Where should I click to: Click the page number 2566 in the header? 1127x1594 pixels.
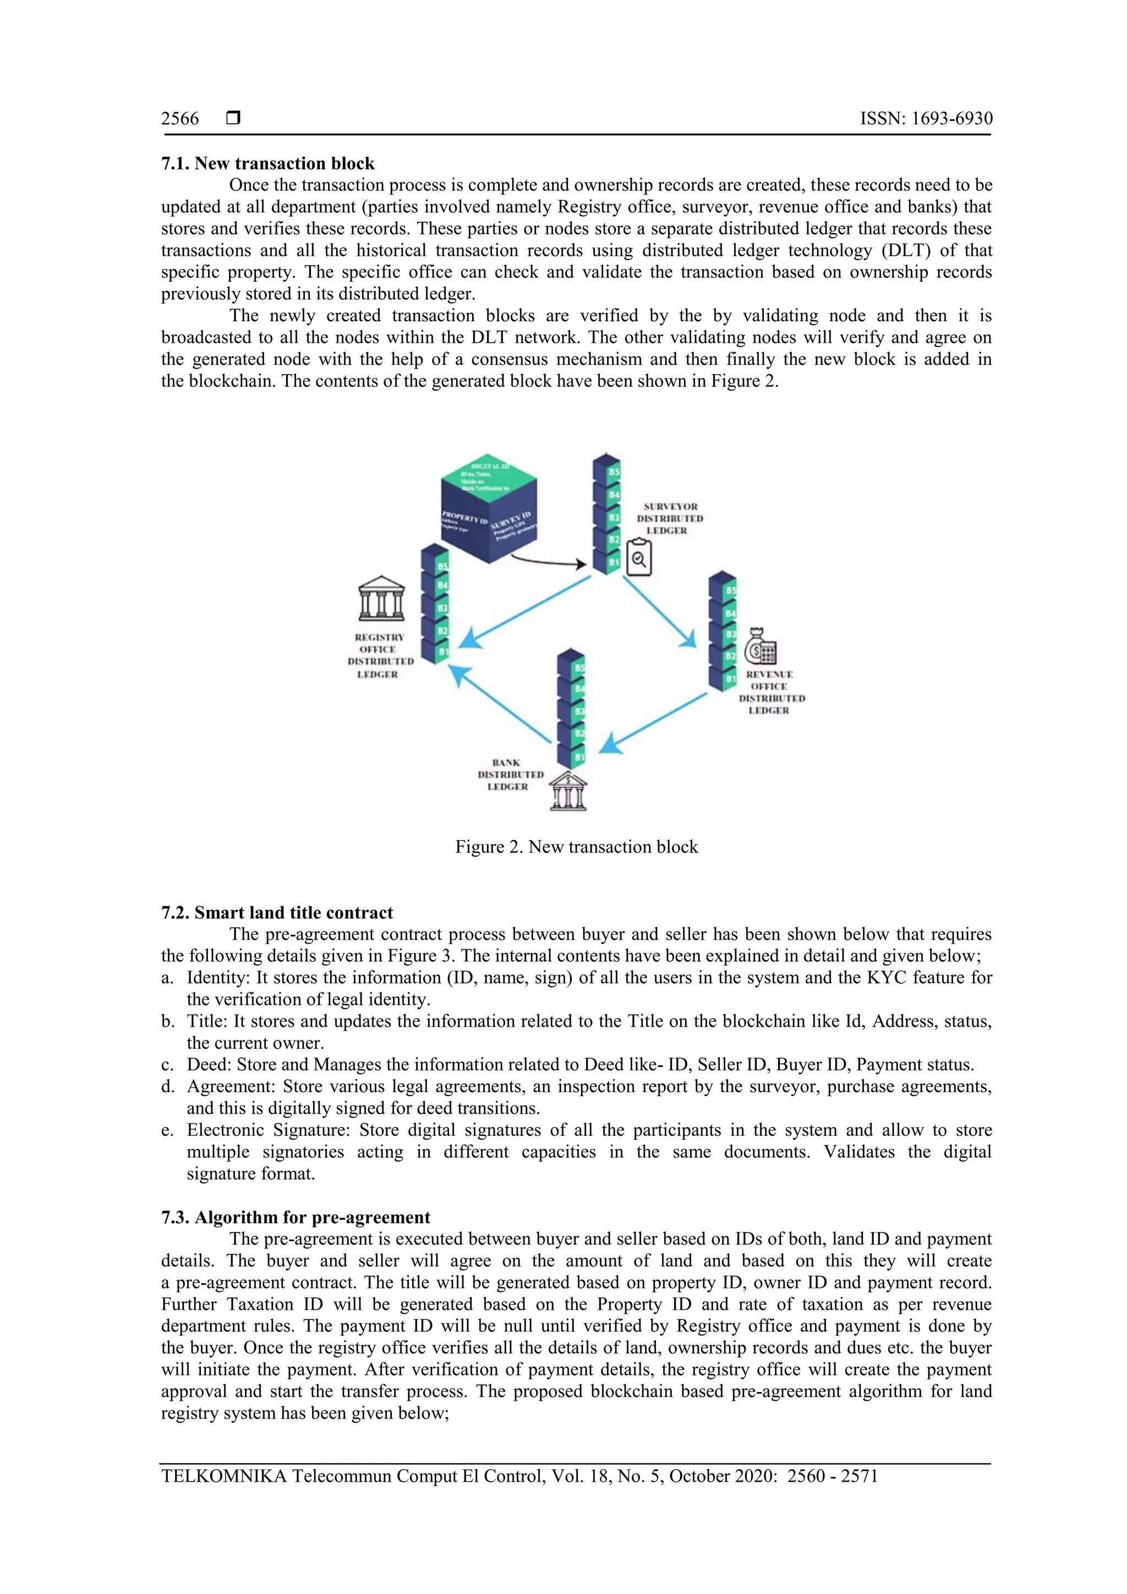(x=180, y=119)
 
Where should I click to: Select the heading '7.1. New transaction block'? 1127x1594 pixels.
(x=267, y=164)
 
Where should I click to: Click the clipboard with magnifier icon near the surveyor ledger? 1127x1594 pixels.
(x=639, y=557)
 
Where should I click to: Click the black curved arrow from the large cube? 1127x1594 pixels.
(x=548, y=562)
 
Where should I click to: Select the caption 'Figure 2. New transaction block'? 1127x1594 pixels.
(x=576, y=847)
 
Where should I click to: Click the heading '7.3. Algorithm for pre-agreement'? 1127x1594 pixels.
(x=296, y=1218)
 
